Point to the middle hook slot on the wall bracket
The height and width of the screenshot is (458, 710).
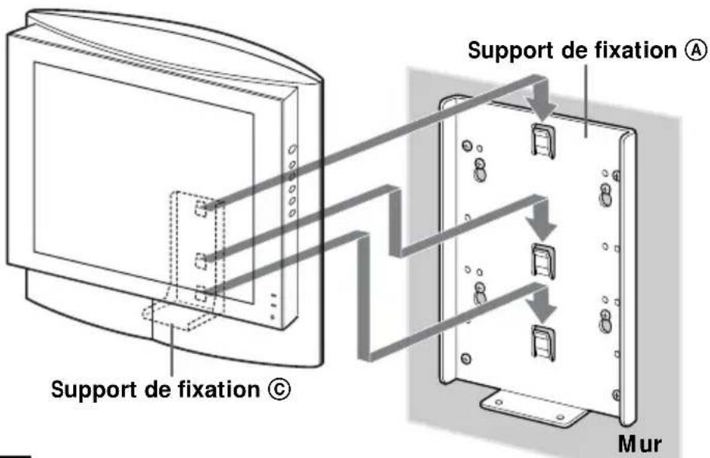(541, 260)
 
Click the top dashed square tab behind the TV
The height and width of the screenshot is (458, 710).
(202, 207)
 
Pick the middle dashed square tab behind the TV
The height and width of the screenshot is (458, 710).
(202, 258)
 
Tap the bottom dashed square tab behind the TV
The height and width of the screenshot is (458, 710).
(202, 293)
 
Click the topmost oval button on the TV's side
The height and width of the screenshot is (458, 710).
(291, 150)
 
